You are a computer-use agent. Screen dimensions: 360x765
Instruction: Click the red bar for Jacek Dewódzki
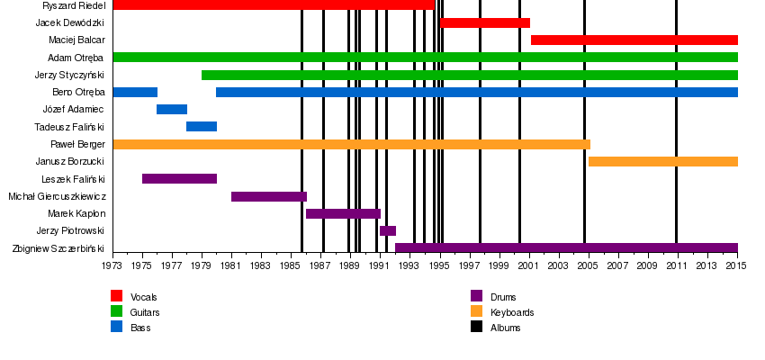485,22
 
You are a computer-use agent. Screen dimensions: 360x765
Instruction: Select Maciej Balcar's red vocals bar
634,40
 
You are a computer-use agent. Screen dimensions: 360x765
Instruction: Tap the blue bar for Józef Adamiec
172,109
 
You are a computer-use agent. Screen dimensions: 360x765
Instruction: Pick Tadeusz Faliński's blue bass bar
202,126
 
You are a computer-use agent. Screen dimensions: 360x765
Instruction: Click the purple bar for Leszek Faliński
179,178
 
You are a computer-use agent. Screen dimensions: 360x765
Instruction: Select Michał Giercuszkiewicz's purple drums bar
268,196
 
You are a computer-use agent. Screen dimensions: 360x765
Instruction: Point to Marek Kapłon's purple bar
343,213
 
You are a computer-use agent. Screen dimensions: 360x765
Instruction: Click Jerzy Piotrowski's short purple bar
388,230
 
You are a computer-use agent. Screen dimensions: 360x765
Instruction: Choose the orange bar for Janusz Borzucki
662,161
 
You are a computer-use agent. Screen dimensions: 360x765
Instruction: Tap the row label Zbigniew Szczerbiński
58,248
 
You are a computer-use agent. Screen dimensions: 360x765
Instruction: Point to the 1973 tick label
112,266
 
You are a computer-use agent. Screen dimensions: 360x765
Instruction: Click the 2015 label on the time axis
737,266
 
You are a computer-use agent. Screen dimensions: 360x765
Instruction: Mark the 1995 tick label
439,266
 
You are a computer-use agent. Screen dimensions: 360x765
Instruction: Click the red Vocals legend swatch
116,296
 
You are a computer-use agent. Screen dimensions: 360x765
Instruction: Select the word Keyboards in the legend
512,312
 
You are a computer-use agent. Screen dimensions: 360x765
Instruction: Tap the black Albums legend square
476,327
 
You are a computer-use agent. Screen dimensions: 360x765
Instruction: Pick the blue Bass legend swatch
116,327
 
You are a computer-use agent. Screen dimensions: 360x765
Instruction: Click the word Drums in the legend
503,297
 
